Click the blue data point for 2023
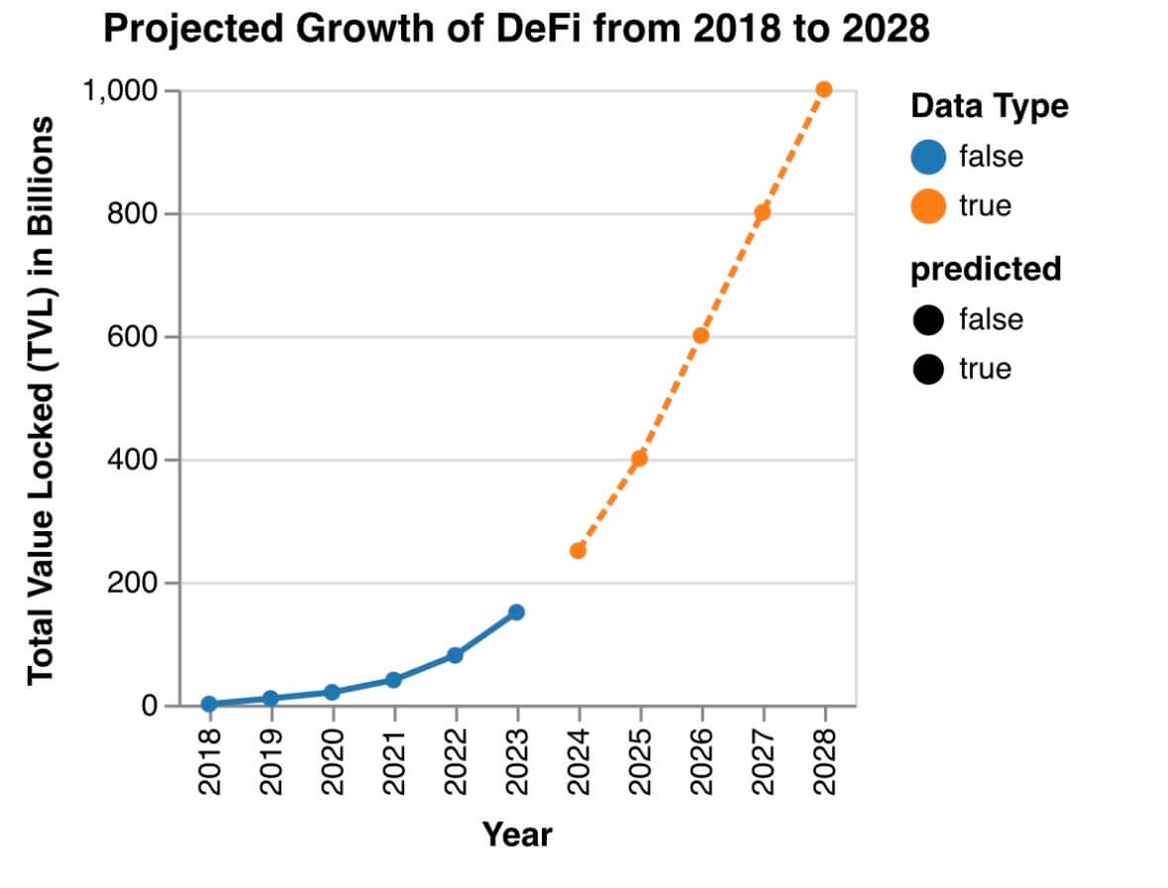pyautogui.click(x=516, y=612)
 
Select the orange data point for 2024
pyautogui.click(x=578, y=550)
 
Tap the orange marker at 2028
pyautogui.click(x=823, y=89)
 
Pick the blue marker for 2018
pyautogui.click(x=209, y=704)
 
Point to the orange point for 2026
pyautogui.click(x=700, y=335)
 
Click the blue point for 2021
pyautogui.click(x=393, y=680)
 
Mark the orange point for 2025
pyautogui.click(x=639, y=458)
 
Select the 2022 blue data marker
pyautogui.click(x=455, y=655)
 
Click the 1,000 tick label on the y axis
pyautogui.click(x=121, y=91)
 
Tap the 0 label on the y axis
pyautogui.click(x=149, y=706)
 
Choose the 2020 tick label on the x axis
pyautogui.click(x=332, y=759)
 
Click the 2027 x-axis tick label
pyautogui.click(x=762, y=759)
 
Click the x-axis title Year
pyautogui.click(x=517, y=833)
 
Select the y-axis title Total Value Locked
pyautogui.click(x=40, y=399)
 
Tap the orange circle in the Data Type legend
pyautogui.click(x=928, y=206)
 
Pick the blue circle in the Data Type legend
pyautogui.click(x=928, y=157)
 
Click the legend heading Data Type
pyautogui.click(x=990, y=106)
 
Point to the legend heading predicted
pyautogui.click(x=986, y=269)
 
